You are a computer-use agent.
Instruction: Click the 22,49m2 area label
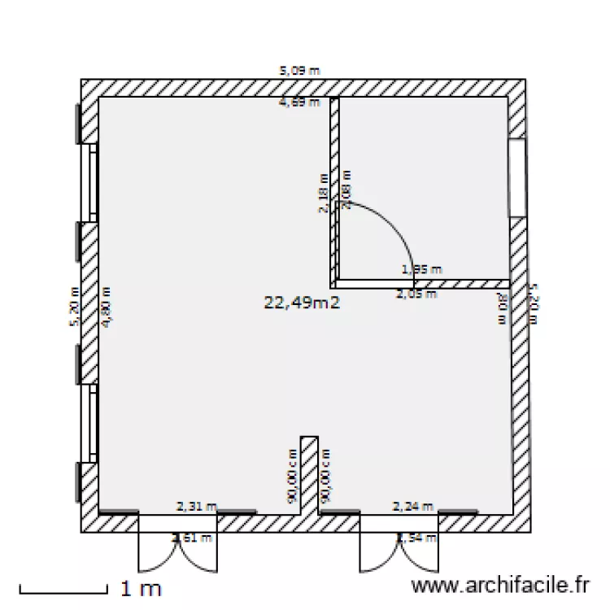(x=301, y=303)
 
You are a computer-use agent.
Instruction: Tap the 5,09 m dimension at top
(x=300, y=71)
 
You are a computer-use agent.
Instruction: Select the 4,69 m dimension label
(x=299, y=102)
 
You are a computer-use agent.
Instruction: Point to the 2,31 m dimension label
(x=197, y=506)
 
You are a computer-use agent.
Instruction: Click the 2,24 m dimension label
(x=413, y=506)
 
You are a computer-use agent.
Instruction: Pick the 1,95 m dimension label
(x=422, y=268)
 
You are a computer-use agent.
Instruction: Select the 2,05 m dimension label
(x=416, y=294)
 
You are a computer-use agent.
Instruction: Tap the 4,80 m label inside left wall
(x=105, y=307)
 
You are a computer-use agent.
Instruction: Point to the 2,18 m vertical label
(x=323, y=194)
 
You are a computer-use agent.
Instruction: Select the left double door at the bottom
(x=178, y=547)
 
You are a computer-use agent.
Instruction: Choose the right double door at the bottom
(x=399, y=547)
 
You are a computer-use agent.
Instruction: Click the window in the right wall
(x=517, y=177)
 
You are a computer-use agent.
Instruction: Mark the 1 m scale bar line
(x=63, y=587)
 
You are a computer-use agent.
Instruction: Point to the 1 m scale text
(x=141, y=586)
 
